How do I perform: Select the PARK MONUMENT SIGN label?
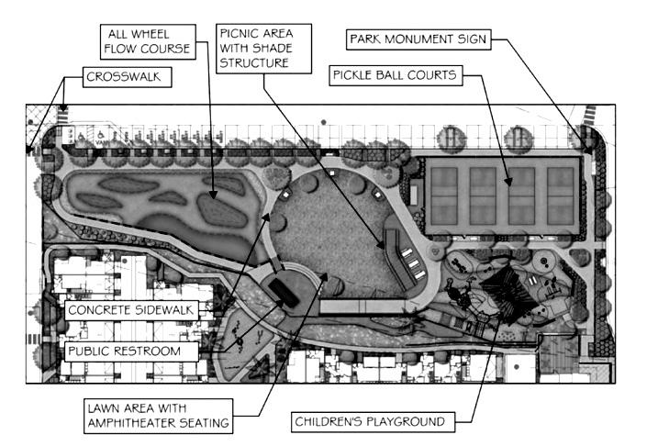click(x=418, y=39)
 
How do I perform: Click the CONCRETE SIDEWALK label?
click(x=130, y=310)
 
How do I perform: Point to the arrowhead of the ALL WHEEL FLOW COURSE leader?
click(x=214, y=196)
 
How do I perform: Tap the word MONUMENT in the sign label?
click(x=419, y=39)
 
